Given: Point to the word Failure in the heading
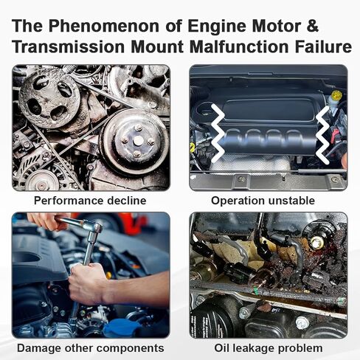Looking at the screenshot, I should coord(318,47).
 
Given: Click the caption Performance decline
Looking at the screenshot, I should coord(91,201).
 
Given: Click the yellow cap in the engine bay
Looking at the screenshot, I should coord(336,95).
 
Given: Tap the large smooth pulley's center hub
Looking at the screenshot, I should coord(138,140).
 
